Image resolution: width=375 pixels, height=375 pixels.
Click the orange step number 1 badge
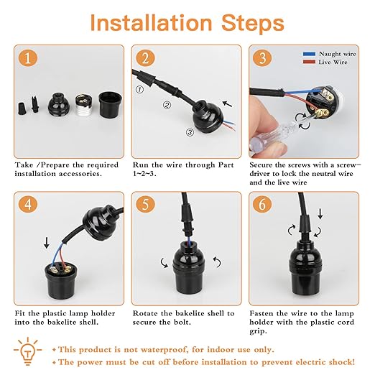click(x=27, y=58)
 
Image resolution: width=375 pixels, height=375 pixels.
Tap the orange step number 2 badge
click(x=145, y=58)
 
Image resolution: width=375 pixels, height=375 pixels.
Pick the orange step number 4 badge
click(x=27, y=203)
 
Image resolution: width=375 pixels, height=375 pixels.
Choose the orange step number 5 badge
click(x=145, y=203)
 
